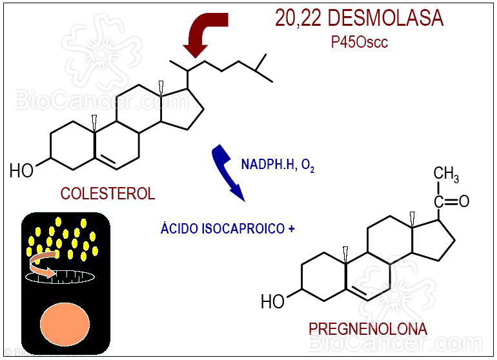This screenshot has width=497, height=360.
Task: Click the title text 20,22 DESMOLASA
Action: pos(360,19)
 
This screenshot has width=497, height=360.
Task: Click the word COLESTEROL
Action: pos(108,193)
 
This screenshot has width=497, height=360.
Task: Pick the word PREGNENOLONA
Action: pos(367,329)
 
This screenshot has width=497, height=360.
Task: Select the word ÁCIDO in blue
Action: pos(181,228)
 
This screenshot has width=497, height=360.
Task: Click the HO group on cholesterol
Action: pos(22,171)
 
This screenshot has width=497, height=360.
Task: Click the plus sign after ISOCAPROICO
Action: pos(292,228)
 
